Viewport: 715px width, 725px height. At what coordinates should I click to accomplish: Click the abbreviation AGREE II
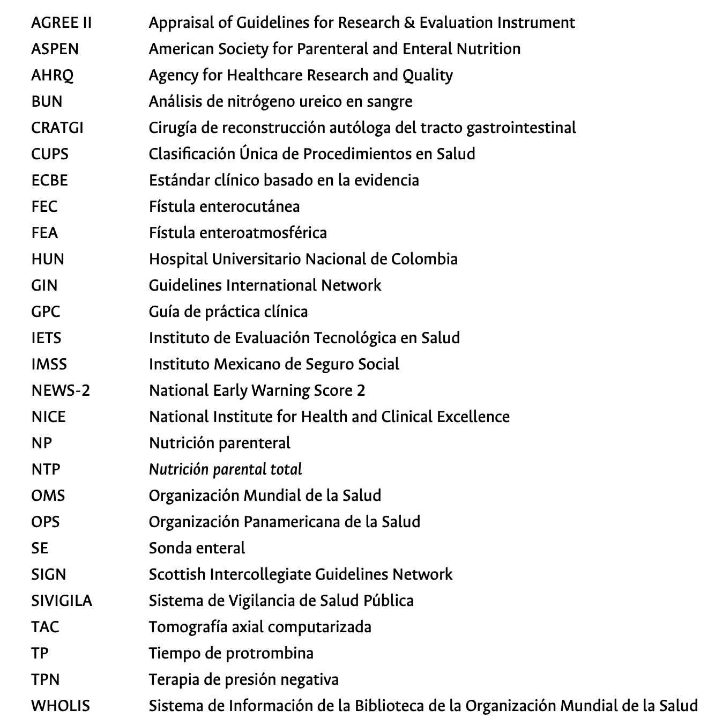(x=62, y=23)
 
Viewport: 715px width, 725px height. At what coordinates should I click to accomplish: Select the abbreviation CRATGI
(x=57, y=128)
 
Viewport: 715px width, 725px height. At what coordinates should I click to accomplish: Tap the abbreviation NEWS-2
(x=61, y=390)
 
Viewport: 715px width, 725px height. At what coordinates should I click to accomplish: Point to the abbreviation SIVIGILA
(x=62, y=601)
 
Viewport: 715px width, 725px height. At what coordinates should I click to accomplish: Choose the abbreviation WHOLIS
(x=61, y=706)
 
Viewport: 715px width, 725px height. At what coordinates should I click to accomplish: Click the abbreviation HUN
(x=48, y=259)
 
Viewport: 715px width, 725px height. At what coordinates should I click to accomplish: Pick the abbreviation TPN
(x=46, y=679)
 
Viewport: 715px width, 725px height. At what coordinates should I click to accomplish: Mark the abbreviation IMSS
(x=49, y=364)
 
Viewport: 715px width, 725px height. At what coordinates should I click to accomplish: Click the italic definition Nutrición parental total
(x=225, y=469)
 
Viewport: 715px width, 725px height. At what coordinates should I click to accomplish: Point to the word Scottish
(x=177, y=574)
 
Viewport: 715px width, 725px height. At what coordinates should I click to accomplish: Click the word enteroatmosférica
(x=263, y=233)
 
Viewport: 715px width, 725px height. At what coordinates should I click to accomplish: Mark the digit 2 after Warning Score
(x=361, y=390)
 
